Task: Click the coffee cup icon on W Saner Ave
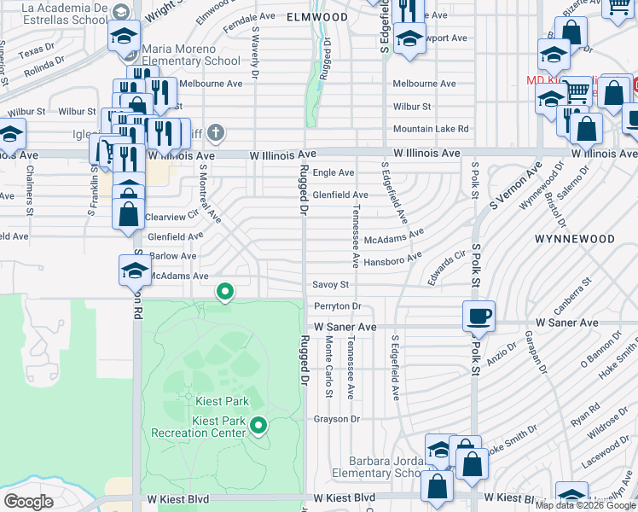pos(478,317)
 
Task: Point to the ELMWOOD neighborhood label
pos(317,17)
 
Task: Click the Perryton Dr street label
pos(338,305)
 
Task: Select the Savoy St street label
pos(331,284)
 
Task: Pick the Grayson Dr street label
pos(337,419)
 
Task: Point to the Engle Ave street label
pos(333,172)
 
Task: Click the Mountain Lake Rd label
pos(431,129)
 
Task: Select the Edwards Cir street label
pos(448,267)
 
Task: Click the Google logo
pos(29,501)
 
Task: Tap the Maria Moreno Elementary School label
pos(191,55)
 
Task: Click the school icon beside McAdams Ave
pos(134,271)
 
